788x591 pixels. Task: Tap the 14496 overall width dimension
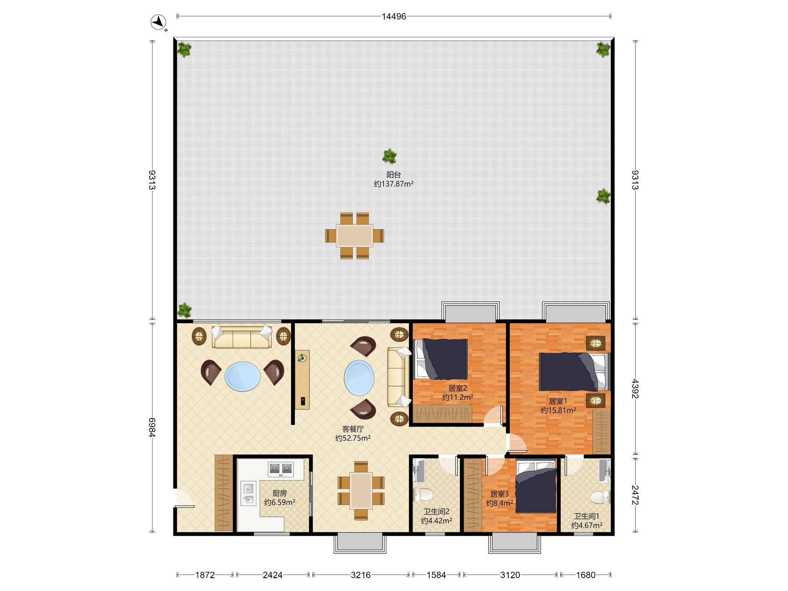394,16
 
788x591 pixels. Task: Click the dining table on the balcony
355,235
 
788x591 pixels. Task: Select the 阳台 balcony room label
394,175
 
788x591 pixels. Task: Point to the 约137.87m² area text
394,184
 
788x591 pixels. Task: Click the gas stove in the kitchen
281,469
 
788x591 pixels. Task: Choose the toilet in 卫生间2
423,494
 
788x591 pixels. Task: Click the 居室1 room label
558,401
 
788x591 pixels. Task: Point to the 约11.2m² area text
458,397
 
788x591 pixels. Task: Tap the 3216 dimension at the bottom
361,575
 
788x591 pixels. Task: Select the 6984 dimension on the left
152,427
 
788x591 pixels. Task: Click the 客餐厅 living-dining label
353,429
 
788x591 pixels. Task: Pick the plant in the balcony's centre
390,156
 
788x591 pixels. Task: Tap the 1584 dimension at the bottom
436,575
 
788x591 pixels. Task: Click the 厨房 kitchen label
280,493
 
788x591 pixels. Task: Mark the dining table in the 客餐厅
361,490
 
